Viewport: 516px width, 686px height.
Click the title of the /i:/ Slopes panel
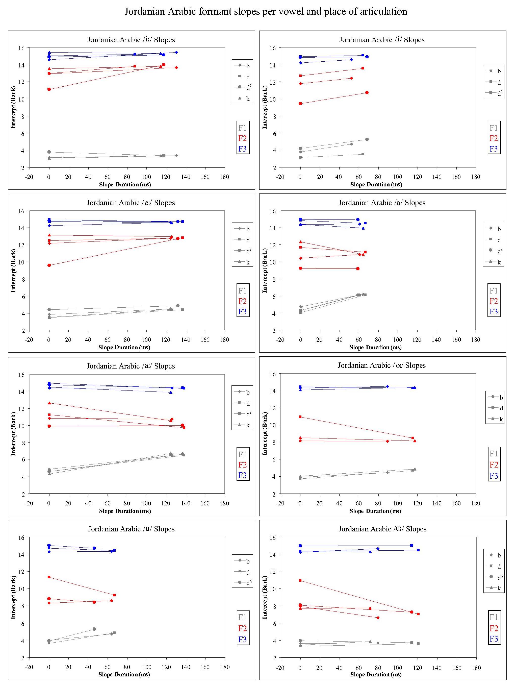pyautogui.click(x=131, y=40)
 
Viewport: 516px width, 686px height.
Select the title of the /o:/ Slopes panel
pyautogui.click(x=381, y=365)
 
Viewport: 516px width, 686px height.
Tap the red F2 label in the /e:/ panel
pyautogui.click(x=242, y=301)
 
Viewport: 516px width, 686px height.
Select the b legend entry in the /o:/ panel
pyautogui.click(x=497, y=398)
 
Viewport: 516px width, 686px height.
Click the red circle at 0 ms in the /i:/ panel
pyautogui.click(x=49, y=89)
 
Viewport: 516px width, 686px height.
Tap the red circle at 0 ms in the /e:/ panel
pyautogui.click(x=49, y=265)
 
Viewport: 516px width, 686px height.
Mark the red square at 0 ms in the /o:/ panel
pyautogui.click(x=300, y=417)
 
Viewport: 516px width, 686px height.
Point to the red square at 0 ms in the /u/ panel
pyautogui.click(x=49, y=577)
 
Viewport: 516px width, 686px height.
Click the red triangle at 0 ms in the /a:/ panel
pyautogui.click(x=49, y=403)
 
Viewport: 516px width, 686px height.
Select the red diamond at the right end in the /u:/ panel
pyautogui.click(x=378, y=618)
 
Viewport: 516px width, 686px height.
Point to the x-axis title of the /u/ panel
pyautogui.click(x=124, y=674)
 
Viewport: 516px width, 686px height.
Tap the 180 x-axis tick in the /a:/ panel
pyautogui.click(x=224, y=503)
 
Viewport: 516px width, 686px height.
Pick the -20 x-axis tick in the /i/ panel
pyautogui.click(x=280, y=177)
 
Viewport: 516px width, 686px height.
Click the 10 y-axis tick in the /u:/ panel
pyautogui.click(x=273, y=589)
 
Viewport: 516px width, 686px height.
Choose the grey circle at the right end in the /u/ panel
pyautogui.click(x=94, y=629)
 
